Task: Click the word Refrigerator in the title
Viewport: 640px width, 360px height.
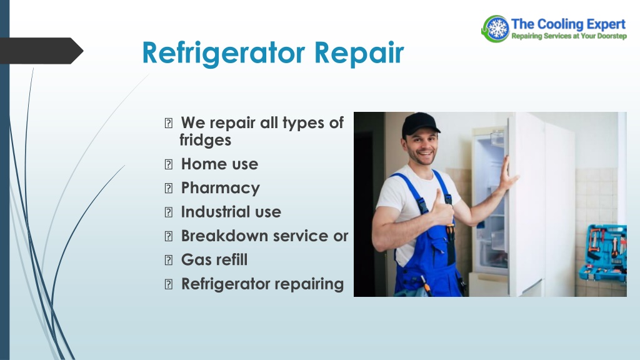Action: point(224,54)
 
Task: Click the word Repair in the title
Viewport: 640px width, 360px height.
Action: point(359,54)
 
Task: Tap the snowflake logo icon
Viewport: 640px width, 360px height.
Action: point(496,29)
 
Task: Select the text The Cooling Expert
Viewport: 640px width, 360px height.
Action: point(568,24)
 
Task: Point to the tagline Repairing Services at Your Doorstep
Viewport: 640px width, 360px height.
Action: point(569,36)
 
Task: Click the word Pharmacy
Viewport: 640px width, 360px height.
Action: point(221,188)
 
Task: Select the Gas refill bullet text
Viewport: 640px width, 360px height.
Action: point(214,259)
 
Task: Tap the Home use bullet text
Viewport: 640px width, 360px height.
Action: point(219,164)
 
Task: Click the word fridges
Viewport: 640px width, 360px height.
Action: point(205,140)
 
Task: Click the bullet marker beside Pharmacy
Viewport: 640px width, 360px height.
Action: point(169,188)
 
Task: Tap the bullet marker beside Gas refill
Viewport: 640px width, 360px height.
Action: point(169,260)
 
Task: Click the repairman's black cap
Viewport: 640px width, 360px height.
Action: point(420,124)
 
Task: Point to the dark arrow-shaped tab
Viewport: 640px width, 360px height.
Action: point(41,51)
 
